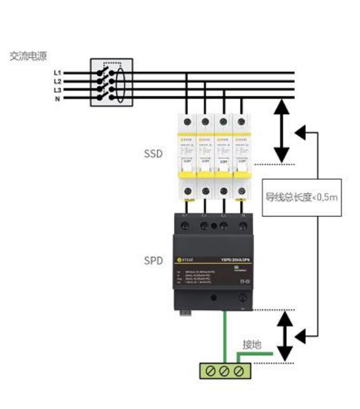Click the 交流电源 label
(x=28, y=56)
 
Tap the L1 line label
(x=57, y=73)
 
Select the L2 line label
(x=57, y=82)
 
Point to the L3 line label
(x=57, y=90)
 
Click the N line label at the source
(x=57, y=99)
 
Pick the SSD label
(x=153, y=154)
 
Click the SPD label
(x=153, y=260)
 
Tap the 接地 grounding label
(x=252, y=344)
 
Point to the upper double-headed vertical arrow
(x=282, y=131)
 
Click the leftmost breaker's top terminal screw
(x=187, y=121)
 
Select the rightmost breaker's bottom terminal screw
(x=240, y=191)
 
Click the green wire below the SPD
(x=225, y=340)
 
